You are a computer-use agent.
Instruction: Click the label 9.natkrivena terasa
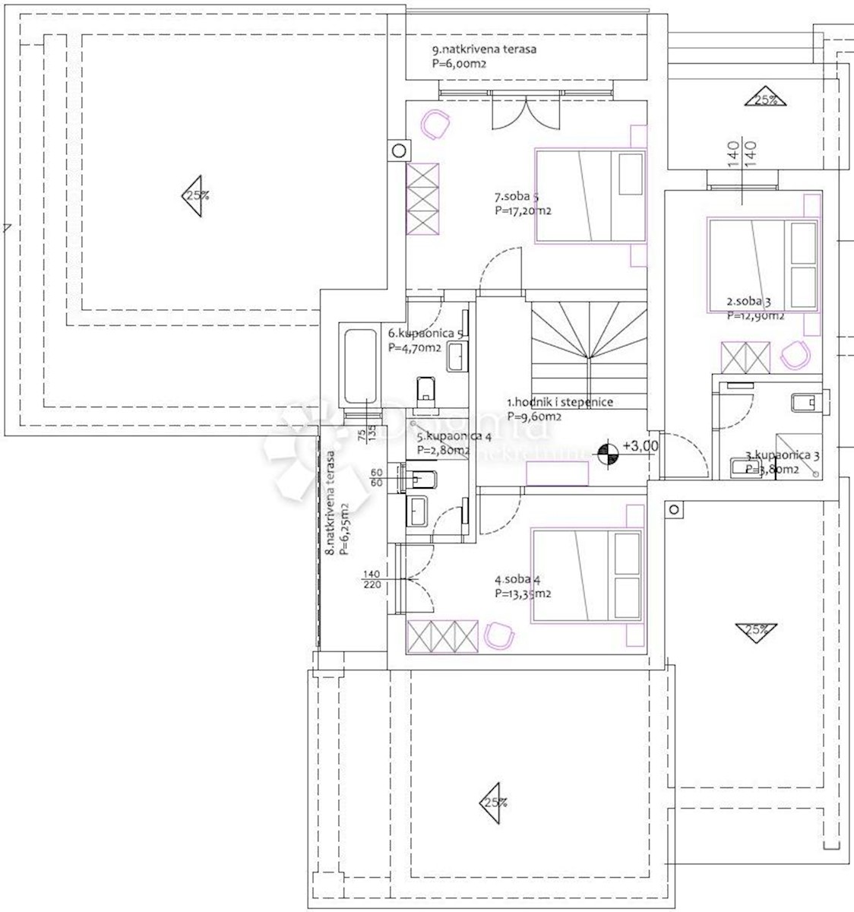[x=484, y=49]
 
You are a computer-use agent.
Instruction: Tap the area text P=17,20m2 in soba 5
[x=523, y=211]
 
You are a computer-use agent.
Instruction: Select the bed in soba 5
[x=590, y=196]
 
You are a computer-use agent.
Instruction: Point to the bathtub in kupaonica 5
[x=360, y=366]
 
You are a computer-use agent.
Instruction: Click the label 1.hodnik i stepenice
[x=560, y=403]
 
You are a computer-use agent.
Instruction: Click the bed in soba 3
[x=763, y=265]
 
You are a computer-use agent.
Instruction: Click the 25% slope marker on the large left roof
[x=195, y=195]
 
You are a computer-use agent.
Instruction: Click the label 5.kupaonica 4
[x=454, y=437]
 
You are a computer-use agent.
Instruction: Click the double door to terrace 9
[x=525, y=115]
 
